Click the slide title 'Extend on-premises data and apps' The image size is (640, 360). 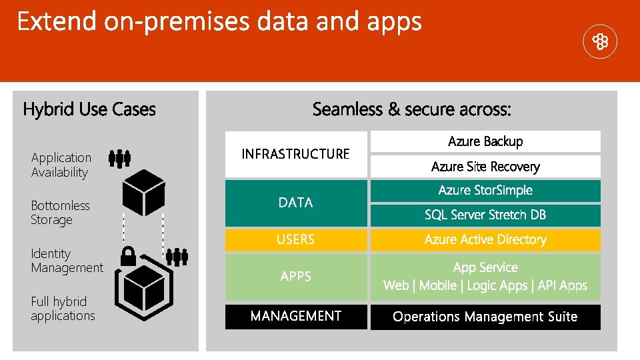click(x=219, y=22)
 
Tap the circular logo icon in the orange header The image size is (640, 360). click(x=600, y=43)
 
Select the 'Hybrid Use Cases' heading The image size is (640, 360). click(x=89, y=109)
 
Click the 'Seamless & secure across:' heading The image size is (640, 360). click(x=411, y=109)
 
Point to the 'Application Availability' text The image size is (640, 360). click(x=61, y=165)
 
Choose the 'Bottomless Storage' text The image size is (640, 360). click(x=60, y=213)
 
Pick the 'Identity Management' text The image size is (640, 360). click(x=67, y=261)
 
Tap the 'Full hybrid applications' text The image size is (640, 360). click(x=63, y=309)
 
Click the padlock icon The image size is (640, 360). click(x=129, y=255)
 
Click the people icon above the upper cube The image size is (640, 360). click(x=119, y=158)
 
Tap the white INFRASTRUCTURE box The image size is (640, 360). click(x=296, y=154)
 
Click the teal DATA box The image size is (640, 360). click(x=296, y=203)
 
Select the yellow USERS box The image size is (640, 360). click(x=296, y=239)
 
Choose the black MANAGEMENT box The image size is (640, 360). click(x=296, y=317)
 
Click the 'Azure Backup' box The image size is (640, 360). click(x=485, y=141)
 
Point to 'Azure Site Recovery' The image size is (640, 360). click(x=485, y=167)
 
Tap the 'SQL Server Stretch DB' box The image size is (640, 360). click(x=485, y=215)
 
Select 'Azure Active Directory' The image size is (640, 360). click(x=485, y=239)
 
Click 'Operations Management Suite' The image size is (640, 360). click(x=485, y=317)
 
